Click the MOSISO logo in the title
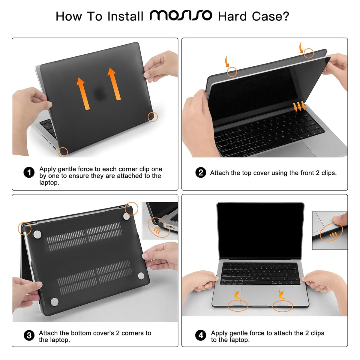(x=181, y=16)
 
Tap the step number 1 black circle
(x=29, y=173)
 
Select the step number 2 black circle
(x=201, y=173)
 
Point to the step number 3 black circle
(x=29, y=335)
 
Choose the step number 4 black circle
(x=201, y=335)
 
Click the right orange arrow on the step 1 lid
(x=114, y=84)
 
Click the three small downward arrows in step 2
(x=299, y=106)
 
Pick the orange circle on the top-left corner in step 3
(x=24, y=229)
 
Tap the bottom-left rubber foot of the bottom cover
(x=54, y=302)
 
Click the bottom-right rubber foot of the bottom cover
(x=141, y=276)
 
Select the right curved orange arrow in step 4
(x=281, y=295)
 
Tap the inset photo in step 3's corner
(x=160, y=221)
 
